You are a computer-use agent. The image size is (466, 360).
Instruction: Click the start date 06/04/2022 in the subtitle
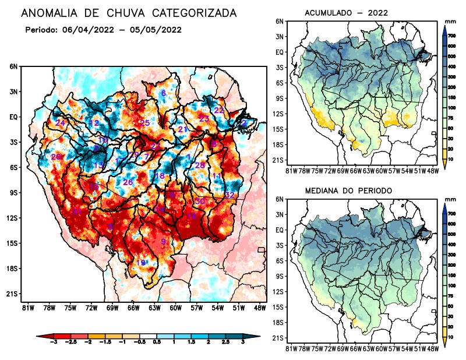86,30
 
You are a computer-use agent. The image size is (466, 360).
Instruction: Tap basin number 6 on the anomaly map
164,93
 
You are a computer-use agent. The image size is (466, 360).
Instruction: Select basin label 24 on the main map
61,122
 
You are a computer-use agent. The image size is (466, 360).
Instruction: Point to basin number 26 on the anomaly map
128,182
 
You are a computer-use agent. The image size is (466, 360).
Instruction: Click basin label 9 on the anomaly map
164,241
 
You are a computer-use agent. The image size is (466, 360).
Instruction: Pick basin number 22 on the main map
219,110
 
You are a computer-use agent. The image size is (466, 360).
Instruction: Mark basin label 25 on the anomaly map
145,122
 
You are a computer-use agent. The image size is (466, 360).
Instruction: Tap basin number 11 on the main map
217,177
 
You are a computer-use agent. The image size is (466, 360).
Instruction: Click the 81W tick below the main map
27,307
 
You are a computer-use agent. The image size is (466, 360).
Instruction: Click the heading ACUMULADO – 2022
347,13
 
